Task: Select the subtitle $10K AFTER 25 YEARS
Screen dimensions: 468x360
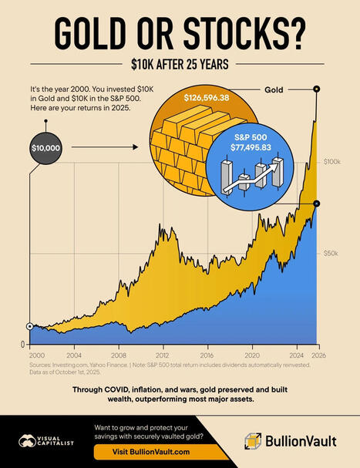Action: tap(180, 65)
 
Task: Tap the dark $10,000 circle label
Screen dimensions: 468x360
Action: tap(46, 146)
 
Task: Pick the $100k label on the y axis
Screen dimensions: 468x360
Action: tap(332, 162)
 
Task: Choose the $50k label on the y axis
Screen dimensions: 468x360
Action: tap(332, 253)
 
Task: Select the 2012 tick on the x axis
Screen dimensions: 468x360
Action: tap(160, 356)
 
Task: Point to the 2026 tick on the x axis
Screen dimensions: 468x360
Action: tap(317, 356)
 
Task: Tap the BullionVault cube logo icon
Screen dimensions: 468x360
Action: tap(254, 442)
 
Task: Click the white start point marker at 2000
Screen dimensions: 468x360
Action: tap(29, 326)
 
